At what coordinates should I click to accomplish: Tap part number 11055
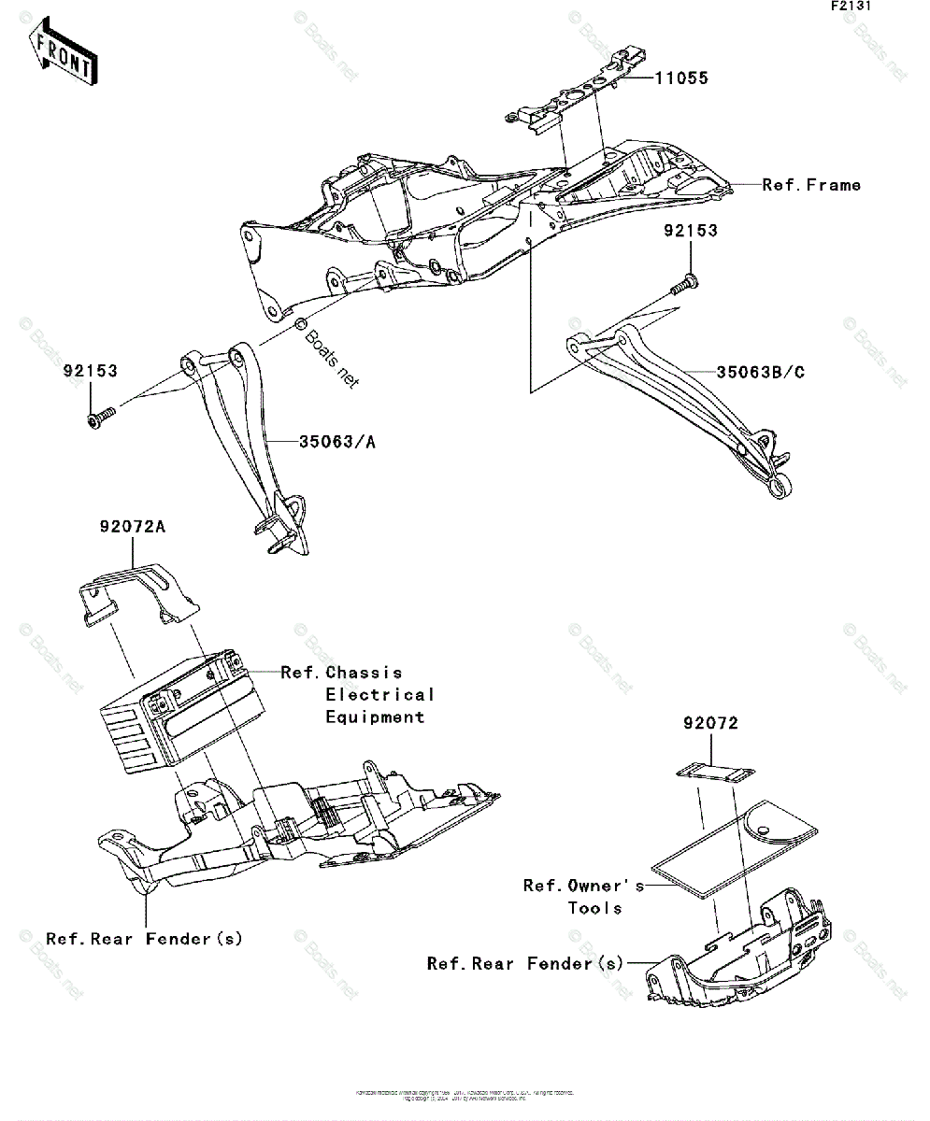tap(680, 78)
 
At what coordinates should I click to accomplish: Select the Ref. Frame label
tap(811, 185)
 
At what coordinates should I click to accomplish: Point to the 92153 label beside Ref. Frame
tap(691, 231)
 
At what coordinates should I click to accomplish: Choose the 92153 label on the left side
tap(91, 371)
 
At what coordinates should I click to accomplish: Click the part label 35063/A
tap(337, 442)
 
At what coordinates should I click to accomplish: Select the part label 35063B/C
tap(760, 373)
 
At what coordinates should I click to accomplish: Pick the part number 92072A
tap(132, 527)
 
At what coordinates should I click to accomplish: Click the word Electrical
tap(380, 695)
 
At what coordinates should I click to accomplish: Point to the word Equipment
tap(375, 717)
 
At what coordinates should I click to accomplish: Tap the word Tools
tap(594, 908)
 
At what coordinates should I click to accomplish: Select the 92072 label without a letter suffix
tap(709, 723)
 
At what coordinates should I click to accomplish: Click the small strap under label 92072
tap(716, 773)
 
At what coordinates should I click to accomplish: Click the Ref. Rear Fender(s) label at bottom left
tap(144, 939)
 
